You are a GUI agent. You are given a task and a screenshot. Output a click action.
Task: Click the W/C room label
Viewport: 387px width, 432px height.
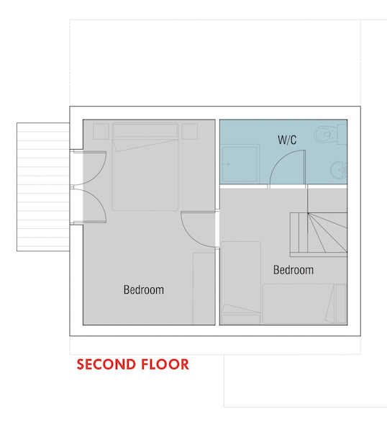click(287, 140)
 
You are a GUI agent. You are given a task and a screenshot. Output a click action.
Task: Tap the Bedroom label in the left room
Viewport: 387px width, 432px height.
click(144, 290)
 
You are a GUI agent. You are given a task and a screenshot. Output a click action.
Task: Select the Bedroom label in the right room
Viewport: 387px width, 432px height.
click(293, 270)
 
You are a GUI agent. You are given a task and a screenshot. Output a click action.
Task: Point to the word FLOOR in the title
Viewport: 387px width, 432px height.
click(165, 364)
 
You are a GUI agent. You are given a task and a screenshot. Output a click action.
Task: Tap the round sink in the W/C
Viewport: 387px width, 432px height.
click(338, 170)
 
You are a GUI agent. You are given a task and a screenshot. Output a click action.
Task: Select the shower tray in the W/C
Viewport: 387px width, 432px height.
click(240, 163)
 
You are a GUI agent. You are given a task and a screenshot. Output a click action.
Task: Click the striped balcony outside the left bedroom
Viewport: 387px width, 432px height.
click(43, 186)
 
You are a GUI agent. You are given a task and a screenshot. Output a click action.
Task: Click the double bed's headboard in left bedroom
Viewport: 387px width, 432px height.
click(145, 130)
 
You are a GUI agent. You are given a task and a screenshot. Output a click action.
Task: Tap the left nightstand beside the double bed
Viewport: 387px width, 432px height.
click(101, 132)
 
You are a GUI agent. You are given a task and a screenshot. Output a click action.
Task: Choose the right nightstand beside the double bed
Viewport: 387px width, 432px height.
click(190, 132)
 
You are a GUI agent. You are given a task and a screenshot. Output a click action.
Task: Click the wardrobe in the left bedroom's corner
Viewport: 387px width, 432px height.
click(204, 289)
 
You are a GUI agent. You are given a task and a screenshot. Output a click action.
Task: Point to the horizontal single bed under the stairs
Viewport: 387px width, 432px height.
click(304, 304)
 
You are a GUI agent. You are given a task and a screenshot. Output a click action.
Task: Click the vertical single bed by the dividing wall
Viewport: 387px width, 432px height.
click(241, 283)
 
